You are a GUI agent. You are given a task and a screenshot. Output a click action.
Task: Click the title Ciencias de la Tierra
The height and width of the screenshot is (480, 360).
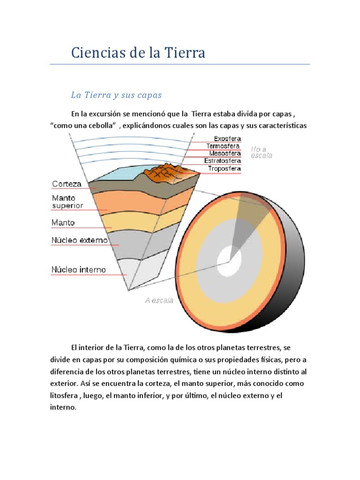(138, 52)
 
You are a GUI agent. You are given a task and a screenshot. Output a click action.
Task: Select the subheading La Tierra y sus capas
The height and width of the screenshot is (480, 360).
(116, 95)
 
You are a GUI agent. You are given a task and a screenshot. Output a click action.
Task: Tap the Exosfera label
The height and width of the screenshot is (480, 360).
(227, 139)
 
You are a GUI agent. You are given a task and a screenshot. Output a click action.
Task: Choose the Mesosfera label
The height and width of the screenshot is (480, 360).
(225, 153)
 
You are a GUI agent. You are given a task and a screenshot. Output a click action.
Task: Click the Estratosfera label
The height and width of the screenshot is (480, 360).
(223, 161)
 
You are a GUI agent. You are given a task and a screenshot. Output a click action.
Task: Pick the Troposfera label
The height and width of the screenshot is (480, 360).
(225, 168)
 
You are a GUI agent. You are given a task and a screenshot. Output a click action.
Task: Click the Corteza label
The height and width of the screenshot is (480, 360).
(67, 184)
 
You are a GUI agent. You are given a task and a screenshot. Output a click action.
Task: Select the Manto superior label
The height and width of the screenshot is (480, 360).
(67, 202)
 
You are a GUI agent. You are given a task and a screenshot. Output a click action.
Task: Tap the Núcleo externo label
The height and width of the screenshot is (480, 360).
(79, 240)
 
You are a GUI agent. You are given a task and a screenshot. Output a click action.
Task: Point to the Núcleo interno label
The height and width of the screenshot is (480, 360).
(78, 270)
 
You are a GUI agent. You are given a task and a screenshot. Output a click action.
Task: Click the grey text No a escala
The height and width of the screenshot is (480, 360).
(261, 152)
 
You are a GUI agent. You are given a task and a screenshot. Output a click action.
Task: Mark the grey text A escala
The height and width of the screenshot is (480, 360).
(159, 300)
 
